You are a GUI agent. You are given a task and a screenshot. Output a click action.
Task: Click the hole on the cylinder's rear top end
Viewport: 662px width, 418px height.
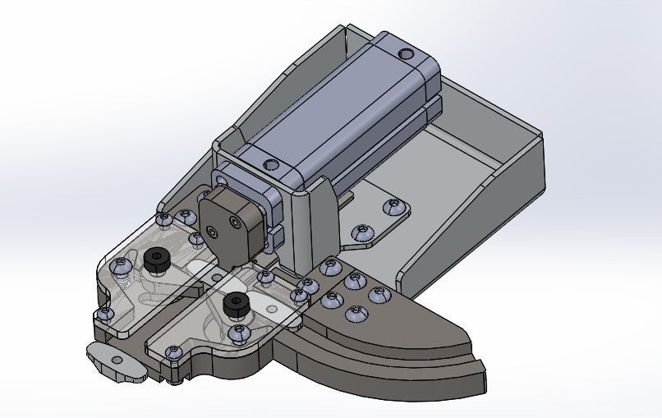406,54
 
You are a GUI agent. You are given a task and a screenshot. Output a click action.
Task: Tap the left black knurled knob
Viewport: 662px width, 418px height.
155,260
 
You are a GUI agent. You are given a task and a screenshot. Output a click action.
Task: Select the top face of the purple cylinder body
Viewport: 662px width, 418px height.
337,108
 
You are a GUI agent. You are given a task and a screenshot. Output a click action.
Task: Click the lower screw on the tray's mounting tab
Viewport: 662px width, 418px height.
361,233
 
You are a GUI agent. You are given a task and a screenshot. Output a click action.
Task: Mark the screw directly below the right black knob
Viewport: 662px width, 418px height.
239,333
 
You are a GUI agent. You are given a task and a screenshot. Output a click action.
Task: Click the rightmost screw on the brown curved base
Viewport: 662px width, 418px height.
379,294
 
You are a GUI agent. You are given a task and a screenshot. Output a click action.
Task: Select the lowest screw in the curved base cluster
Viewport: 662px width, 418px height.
355,313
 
